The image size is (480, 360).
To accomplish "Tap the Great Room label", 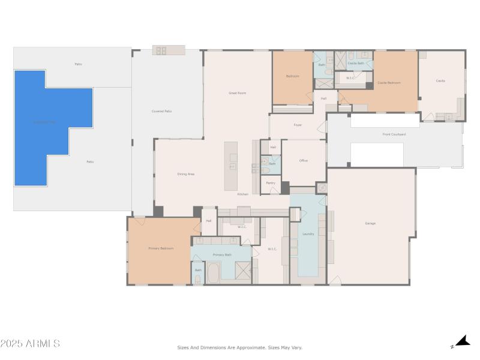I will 238,93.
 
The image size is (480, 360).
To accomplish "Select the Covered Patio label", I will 161,112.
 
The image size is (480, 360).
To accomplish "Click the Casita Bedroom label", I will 389,83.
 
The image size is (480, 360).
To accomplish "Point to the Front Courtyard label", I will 394,134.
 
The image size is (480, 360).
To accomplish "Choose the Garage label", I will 370,223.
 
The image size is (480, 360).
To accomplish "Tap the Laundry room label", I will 308,234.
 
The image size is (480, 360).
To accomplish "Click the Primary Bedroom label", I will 161,248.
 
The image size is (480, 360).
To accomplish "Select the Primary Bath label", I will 222,255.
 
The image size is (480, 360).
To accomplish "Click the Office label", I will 304,161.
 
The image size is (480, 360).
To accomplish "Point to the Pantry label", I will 271,183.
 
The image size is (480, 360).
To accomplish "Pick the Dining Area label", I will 185,174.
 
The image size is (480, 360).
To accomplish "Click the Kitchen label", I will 242,194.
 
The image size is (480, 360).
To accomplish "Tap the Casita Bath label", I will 356,63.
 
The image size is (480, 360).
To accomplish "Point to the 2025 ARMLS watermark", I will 30,344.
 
